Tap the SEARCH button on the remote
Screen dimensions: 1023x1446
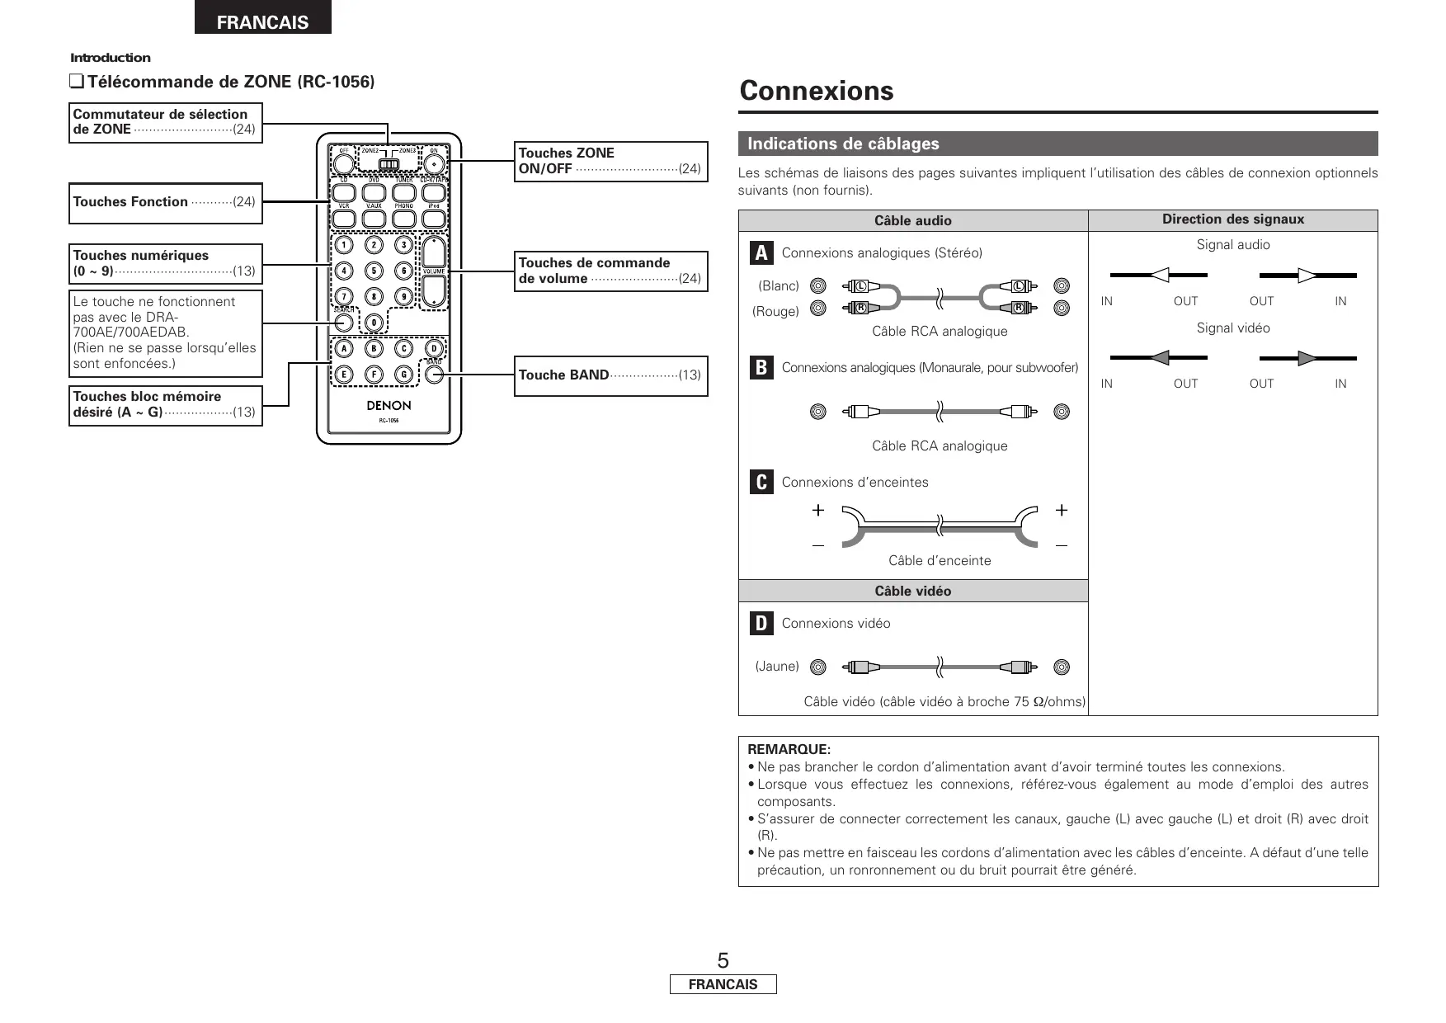point(344,323)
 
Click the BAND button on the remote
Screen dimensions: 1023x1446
point(435,375)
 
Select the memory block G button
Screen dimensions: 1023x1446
point(404,375)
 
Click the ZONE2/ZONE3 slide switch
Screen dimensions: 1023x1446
point(389,163)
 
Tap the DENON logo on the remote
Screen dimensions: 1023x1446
point(389,406)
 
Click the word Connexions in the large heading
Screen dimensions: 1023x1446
point(816,91)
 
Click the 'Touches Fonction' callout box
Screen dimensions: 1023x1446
point(165,202)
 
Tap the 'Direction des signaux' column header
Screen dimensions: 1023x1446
point(1232,219)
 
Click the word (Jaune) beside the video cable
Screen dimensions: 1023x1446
point(777,666)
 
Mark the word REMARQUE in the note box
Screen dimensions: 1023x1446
point(788,749)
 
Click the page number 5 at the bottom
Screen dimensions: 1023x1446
point(723,960)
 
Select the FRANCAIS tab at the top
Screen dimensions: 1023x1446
point(262,22)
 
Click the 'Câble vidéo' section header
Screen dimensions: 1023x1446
point(912,591)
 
